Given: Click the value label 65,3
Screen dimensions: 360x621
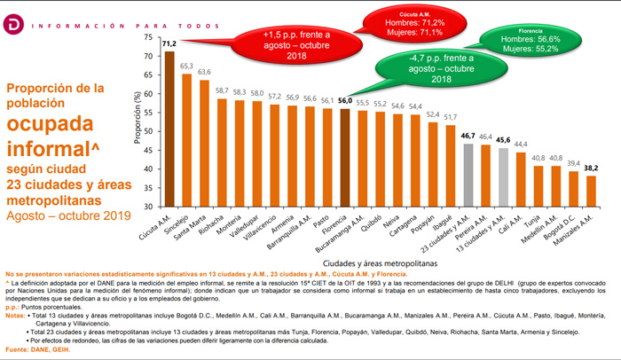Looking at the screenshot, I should point(187,66).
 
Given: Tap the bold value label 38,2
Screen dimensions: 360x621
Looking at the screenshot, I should point(589,167).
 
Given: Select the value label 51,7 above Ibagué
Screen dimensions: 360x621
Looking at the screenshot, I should point(451,116).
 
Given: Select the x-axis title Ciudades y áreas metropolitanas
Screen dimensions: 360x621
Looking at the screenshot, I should point(381,262).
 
